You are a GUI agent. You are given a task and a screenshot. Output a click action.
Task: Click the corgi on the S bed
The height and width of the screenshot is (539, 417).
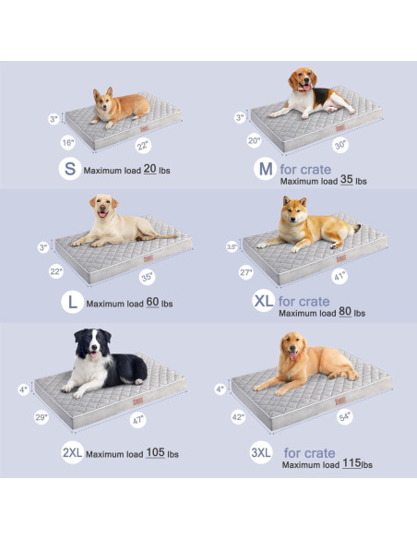point(118,107)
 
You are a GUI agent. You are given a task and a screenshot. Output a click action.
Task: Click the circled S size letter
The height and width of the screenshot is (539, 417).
point(68,169)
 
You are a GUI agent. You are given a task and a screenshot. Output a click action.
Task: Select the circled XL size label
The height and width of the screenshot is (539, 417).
point(263,302)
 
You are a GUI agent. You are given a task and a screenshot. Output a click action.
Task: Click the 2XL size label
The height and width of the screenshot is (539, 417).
point(73,452)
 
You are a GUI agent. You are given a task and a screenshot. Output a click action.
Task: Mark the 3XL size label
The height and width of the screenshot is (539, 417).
point(261,452)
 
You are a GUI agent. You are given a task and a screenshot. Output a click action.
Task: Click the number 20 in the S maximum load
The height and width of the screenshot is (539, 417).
point(149,170)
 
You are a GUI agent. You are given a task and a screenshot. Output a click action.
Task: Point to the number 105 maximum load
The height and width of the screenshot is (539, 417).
point(154,453)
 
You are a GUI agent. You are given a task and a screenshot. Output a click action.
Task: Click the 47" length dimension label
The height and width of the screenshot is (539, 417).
point(139,422)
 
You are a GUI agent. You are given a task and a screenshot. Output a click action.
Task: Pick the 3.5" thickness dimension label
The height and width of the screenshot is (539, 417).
point(232,246)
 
